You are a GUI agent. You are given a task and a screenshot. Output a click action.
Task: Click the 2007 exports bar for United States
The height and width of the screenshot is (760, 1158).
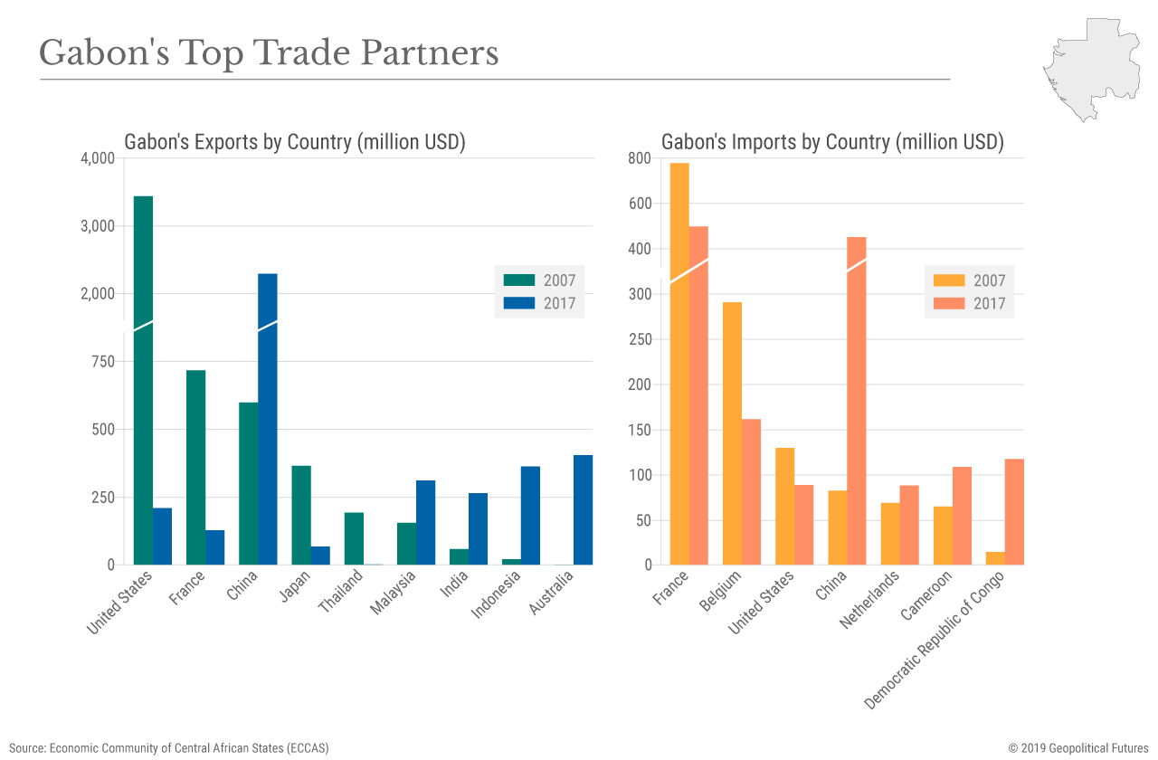pos(143,380)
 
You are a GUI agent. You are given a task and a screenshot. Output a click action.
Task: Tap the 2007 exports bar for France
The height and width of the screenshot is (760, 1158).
pos(195,467)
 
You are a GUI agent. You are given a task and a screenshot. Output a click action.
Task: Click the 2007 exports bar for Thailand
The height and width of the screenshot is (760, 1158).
pos(354,538)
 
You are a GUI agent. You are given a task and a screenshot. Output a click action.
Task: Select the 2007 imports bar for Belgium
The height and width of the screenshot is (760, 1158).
pos(732,433)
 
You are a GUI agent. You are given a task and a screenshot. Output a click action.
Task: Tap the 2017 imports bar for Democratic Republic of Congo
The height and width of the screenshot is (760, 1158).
pos(1014,512)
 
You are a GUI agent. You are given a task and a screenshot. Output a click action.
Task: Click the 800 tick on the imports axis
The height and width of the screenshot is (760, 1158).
pos(640,158)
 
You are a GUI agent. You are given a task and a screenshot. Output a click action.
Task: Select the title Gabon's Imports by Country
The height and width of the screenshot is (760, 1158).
pos(832,142)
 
